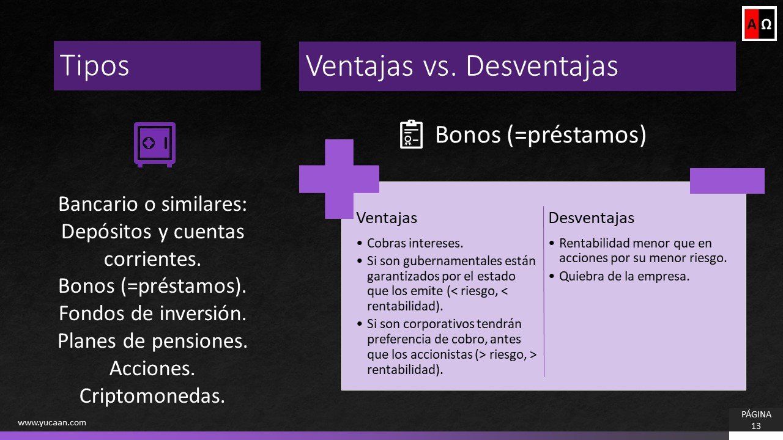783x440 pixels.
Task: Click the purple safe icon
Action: pos(154,144)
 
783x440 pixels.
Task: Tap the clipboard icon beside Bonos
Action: pos(411,134)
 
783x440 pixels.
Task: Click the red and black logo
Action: pos(759,24)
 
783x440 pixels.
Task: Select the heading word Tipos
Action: pos(95,65)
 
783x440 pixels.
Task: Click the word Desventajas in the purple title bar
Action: pos(541,66)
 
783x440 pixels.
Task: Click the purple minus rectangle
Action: pos(727,181)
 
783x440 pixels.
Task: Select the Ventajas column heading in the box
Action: pos(387,218)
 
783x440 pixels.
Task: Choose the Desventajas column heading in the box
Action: pos(591,218)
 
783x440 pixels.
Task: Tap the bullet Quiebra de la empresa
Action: pos(624,276)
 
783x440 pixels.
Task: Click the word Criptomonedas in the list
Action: pos(152,396)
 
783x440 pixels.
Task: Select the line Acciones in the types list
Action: pos(152,369)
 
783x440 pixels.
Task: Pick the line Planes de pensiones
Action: pos(152,341)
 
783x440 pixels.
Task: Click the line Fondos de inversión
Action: pos(152,313)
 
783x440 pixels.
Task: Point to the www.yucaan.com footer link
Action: pos(52,422)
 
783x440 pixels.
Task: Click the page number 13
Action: pos(756,426)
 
